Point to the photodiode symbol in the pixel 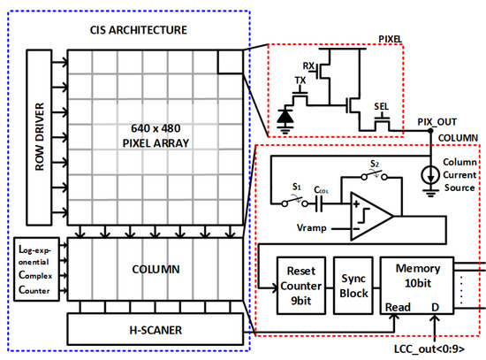tap(284, 114)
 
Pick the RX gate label tap(310, 66)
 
